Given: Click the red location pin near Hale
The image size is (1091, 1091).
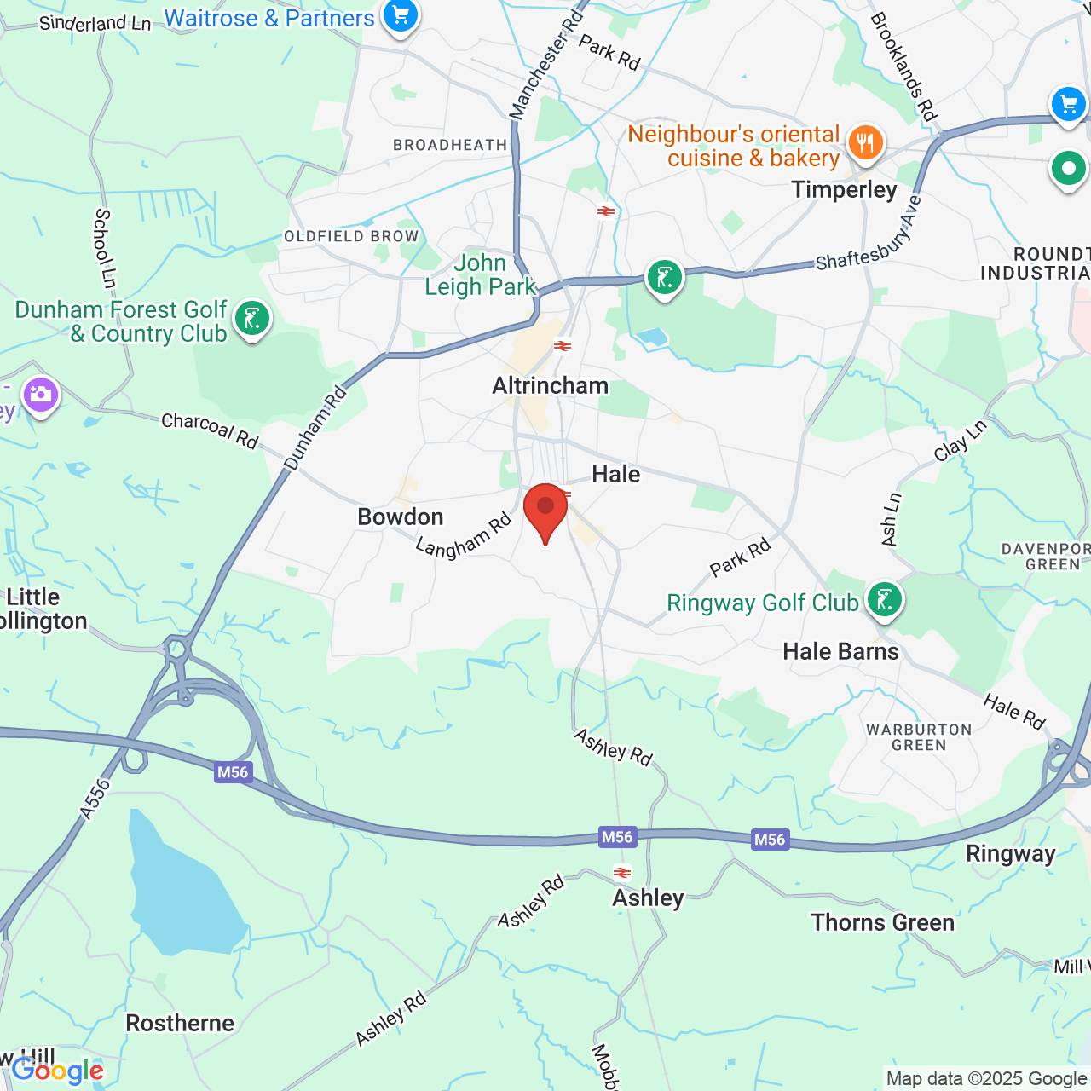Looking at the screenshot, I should [545, 508].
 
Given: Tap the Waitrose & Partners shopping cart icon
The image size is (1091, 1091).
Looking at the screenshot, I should [399, 14].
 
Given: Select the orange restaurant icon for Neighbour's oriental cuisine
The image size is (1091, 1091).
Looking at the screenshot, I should [865, 142].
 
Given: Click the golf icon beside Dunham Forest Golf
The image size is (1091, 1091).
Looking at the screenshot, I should [251, 319].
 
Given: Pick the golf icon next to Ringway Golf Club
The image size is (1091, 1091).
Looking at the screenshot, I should [884, 600].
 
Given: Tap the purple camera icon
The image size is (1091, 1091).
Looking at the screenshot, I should [40, 395].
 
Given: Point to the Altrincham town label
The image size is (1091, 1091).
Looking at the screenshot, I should [551, 385].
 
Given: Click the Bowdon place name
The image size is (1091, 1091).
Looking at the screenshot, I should [401, 517].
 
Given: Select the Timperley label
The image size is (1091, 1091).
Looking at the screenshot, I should [844, 189].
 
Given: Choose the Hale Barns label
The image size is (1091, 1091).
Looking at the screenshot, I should [840, 651].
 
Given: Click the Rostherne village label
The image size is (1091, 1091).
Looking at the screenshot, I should [180, 1023].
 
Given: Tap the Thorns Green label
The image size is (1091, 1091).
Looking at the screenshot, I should [882, 922].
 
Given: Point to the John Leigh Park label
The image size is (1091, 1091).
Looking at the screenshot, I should [481, 274].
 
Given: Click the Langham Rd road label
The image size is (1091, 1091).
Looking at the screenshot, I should [464, 536].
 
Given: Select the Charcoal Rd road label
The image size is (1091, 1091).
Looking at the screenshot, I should [210, 430].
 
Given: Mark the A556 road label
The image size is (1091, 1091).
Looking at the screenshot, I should [95, 799].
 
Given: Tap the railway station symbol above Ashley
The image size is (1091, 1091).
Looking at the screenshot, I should [623, 872].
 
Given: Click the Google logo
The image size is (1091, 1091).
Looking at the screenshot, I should [58, 1071].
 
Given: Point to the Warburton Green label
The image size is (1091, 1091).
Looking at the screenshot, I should [919, 737].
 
